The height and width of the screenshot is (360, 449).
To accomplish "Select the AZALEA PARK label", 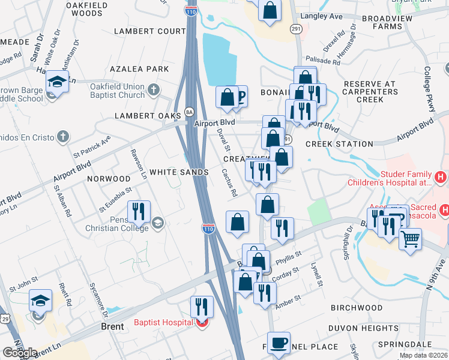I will [144, 69].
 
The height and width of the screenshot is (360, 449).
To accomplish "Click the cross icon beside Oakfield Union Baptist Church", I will [154, 91].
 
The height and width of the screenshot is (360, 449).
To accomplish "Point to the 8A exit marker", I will [190, 112].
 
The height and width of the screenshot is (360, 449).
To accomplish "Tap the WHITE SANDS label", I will [179, 172].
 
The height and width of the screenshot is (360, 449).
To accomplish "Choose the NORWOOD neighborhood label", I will [109, 179].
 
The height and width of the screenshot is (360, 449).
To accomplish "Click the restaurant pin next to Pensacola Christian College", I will [140, 211].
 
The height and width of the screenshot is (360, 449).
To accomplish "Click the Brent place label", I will [112, 327].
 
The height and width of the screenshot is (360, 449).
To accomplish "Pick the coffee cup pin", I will [279, 343].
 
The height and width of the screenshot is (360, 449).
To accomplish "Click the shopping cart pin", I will [410, 239].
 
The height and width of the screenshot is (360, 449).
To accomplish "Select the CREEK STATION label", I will [339, 144].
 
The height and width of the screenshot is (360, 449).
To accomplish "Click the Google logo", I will [20, 353].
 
